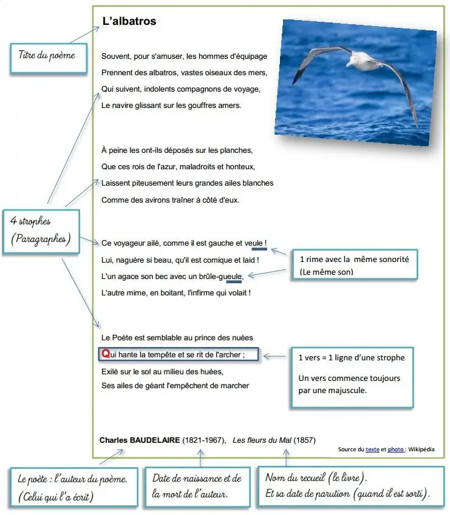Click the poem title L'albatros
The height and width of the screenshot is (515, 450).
129,21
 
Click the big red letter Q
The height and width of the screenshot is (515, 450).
106,354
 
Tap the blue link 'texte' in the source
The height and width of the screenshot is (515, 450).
372,449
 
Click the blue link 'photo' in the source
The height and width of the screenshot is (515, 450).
395,449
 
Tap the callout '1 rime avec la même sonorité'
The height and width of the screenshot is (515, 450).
355,265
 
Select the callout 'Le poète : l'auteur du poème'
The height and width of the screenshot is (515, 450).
73,488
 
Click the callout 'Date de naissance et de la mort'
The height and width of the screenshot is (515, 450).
197,486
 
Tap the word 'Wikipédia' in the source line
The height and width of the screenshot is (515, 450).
421,449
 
